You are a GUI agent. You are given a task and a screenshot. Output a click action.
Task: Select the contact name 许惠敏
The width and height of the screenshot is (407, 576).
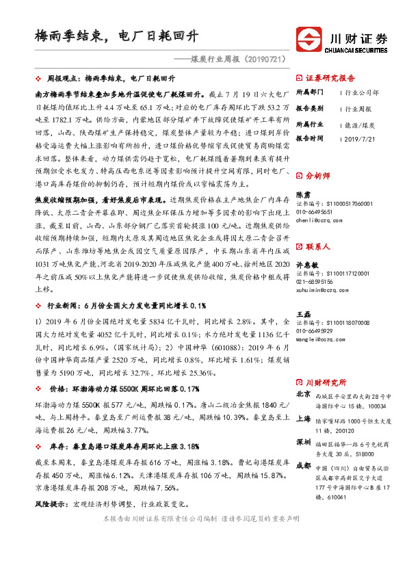tap(307, 264)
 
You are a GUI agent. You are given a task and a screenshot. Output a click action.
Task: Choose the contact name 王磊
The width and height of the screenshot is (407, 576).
tap(303, 314)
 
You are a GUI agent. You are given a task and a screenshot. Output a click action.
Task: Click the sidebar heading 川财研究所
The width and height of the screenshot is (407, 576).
tap(325, 382)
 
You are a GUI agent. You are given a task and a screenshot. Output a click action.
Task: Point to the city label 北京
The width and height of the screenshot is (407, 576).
tap(302, 395)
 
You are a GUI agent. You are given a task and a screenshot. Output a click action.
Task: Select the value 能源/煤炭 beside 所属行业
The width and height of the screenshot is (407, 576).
tap(359, 125)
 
